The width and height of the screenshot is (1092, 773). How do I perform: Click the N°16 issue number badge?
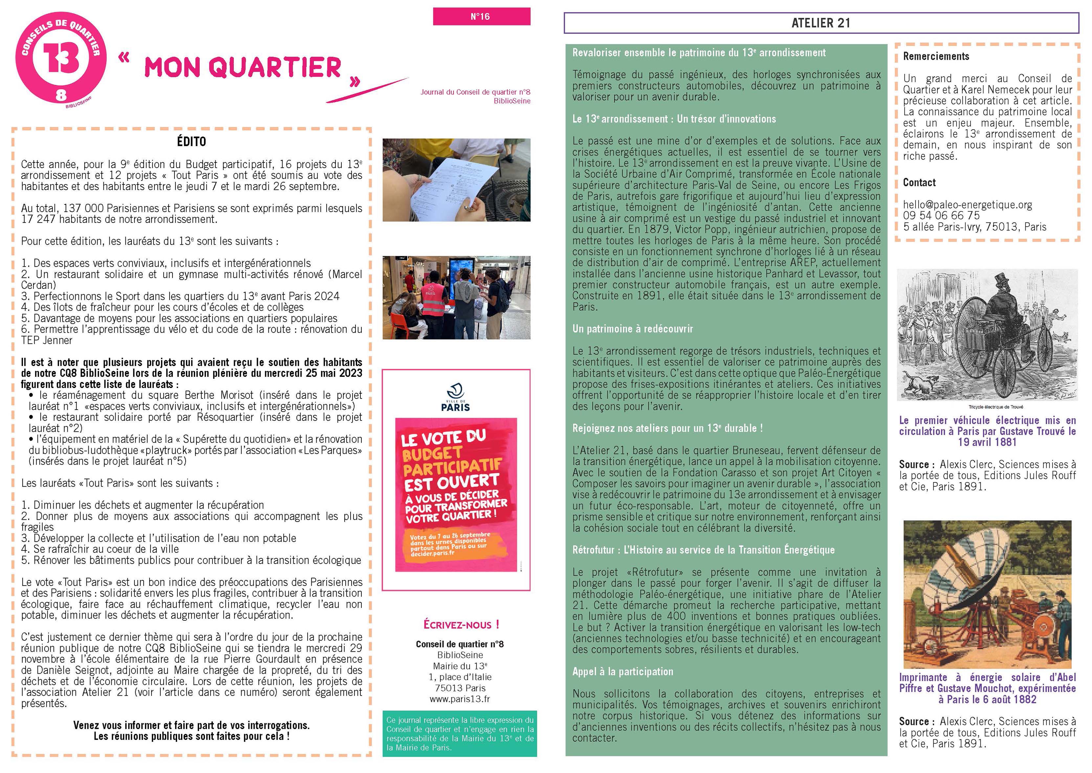pyautogui.click(x=481, y=17)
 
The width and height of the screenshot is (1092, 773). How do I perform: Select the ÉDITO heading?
pyautogui.click(x=191, y=142)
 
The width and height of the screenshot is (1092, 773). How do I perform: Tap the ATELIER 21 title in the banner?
pyautogui.click(x=820, y=23)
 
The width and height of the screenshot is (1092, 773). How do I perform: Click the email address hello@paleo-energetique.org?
pyautogui.click(x=967, y=205)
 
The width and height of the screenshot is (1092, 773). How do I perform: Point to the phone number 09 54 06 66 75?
pyautogui.click(x=941, y=216)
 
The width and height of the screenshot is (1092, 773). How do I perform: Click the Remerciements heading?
pyautogui.click(x=936, y=56)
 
